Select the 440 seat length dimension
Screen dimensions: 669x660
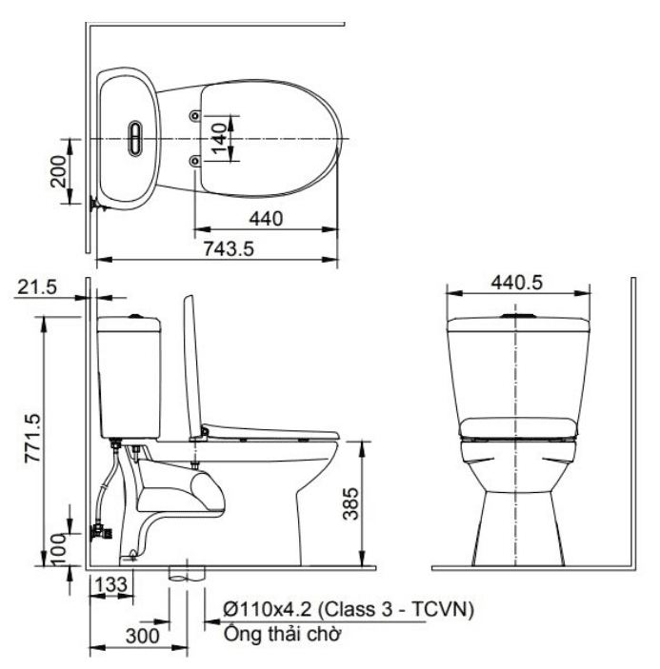click(267, 219)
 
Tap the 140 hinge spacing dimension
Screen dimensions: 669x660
click(218, 137)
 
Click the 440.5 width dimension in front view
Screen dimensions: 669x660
click(516, 283)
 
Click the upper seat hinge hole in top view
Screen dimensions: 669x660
click(195, 115)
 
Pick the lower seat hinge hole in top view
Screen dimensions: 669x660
click(195, 160)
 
